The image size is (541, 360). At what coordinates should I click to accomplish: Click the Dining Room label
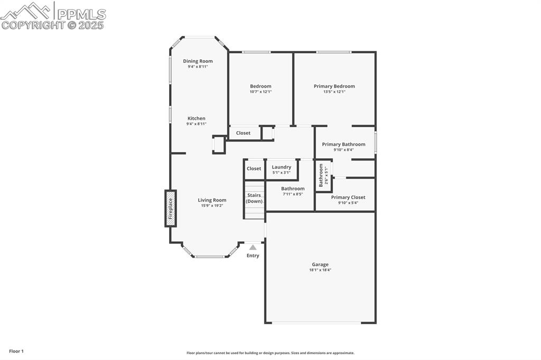click(x=198, y=61)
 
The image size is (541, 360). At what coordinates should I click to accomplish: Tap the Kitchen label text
click(x=196, y=118)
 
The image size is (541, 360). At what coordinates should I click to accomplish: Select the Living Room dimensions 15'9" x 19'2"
click(x=212, y=206)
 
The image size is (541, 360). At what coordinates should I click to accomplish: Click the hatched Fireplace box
click(x=170, y=209)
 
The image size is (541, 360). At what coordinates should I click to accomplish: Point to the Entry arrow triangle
click(x=253, y=247)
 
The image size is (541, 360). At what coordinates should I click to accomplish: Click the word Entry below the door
click(x=253, y=256)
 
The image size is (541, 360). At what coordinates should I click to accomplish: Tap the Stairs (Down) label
click(x=254, y=198)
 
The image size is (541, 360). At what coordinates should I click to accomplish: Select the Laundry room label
click(x=281, y=167)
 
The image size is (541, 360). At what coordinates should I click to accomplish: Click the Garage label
click(x=320, y=264)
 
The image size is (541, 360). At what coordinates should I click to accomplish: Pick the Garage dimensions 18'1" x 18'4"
click(x=320, y=270)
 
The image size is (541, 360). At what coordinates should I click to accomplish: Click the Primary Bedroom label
click(x=334, y=86)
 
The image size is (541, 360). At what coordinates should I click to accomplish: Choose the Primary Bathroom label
click(x=343, y=144)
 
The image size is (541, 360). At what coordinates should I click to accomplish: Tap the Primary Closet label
click(x=348, y=197)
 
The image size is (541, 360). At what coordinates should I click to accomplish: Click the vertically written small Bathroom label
click(x=321, y=175)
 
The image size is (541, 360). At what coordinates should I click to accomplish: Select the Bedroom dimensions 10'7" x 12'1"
click(x=260, y=92)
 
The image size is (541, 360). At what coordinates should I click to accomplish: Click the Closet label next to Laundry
click(x=254, y=168)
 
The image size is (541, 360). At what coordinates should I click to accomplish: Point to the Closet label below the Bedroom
click(x=243, y=133)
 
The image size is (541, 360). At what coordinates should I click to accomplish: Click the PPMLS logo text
click(x=81, y=14)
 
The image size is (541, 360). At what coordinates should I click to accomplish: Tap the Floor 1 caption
click(x=16, y=351)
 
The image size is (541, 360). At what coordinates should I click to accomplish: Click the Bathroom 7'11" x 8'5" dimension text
click(x=292, y=194)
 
